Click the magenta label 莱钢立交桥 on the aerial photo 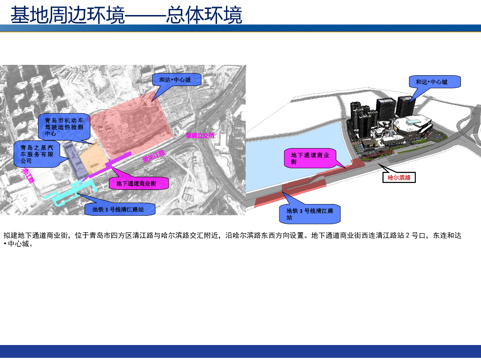click(x=200, y=136)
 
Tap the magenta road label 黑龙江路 click(x=154, y=156)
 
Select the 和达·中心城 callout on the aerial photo click(x=177, y=80)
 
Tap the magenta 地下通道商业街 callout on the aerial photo click(x=139, y=183)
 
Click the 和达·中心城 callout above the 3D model click(x=434, y=82)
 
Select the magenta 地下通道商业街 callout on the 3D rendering click(x=310, y=158)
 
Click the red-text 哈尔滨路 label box click(x=399, y=178)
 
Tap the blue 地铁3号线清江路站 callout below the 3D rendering click(x=310, y=214)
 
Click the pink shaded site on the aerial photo click(x=129, y=125)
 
